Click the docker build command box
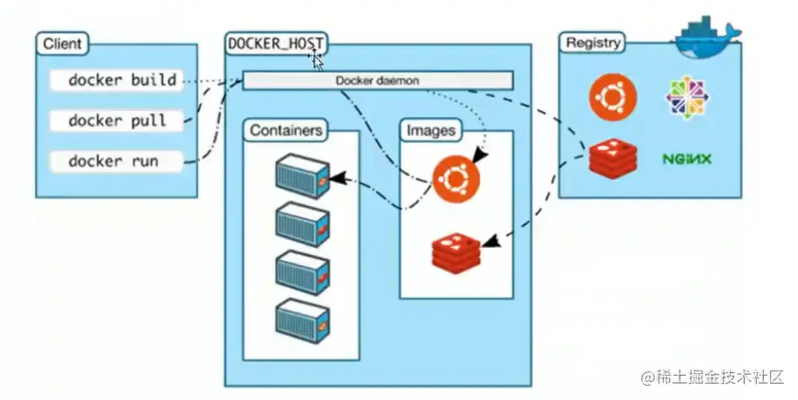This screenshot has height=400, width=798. click(x=116, y=81)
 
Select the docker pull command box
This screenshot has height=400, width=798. click(x=116, y=120)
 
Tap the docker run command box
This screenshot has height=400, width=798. click(x=116, y=161)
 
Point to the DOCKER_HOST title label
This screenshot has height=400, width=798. click(x=277, y=43)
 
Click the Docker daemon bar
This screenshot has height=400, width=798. click(x=378, y=81)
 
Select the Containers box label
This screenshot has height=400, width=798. click(x=286, y=130)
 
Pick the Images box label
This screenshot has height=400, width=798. click(x=432, y=130)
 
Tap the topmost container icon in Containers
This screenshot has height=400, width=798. click(x=301, y=174)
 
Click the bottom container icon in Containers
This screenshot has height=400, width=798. click(x=301, y=319)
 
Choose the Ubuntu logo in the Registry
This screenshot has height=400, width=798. click(x=613, y=97)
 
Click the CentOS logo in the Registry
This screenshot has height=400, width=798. click(x=687, y=97)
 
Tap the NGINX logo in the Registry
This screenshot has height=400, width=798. click(x=687, y=159)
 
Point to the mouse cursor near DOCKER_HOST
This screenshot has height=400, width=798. click(x=316, y=61)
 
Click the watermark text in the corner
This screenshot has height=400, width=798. click(x=713, y=378)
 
